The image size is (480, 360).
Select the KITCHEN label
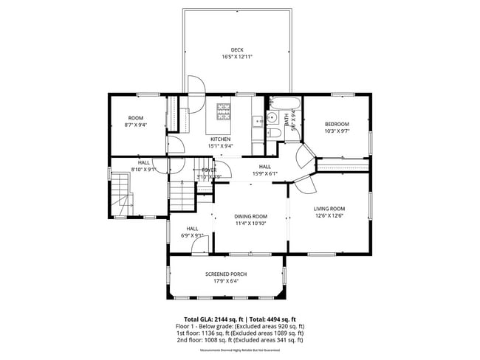coord(220,139)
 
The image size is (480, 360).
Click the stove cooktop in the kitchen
coord(223,111)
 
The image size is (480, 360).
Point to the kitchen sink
coord(257,120)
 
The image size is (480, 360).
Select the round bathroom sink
coord(271,117)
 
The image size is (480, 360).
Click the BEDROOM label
coord(336,124)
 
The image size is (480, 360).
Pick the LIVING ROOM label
coord(329,209)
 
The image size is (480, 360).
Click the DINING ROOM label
coord(251,216)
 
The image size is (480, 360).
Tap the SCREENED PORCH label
coord(226,274)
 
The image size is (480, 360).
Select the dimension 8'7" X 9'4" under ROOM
coord(136,125)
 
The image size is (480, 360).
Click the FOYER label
coord(209,170)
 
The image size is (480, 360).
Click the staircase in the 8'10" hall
coord(121,193)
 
